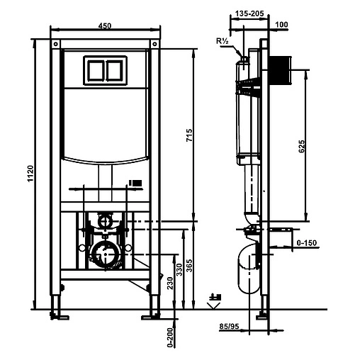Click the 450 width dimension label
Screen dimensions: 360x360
(105, 26)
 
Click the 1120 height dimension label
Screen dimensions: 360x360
(30, 174)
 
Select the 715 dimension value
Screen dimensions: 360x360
(189, 135)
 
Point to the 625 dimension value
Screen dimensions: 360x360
(302, 147)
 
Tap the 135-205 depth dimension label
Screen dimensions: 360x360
(249, 13)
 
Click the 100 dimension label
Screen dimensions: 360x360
(281, 24)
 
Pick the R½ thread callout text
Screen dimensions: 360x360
(223, 41)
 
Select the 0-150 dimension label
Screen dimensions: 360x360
(307, 242)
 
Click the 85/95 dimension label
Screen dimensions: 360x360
(229, 326)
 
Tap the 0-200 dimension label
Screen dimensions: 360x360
(170, 337)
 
